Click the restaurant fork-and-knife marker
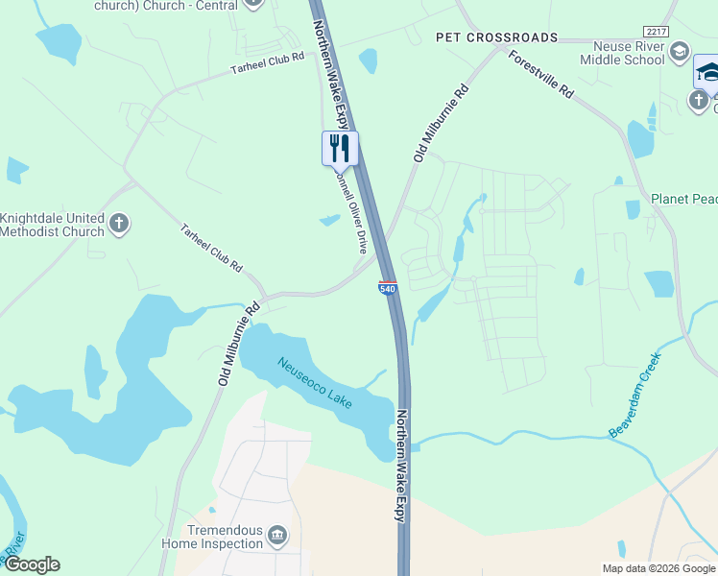[x=340, y=148]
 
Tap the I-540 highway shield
[x=388, y=288]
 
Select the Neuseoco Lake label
[x=315, y=382]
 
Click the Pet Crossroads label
[x=496, y=37]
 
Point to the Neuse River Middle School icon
[x=680, y=50]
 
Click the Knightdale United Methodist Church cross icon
[x=119, y=225]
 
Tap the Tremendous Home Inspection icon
[x=277, y=535]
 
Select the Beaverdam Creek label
[x=634, y=396]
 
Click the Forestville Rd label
[x=540, y=76]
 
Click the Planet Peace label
[x=683, y=199]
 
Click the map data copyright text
[x=658, y=568]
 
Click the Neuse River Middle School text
[x=622, y=53]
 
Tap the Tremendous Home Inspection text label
[x=212, y=536]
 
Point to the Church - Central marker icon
[x=252, y=3]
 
